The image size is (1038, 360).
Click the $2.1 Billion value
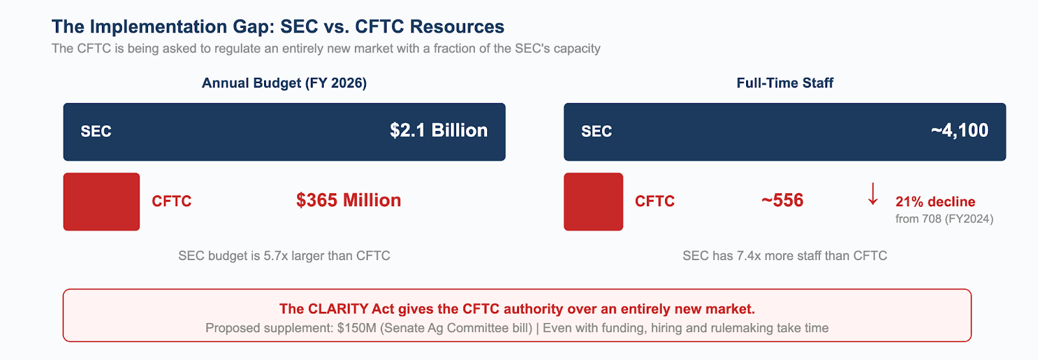pos(439,130)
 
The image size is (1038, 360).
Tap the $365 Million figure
pos(348,200)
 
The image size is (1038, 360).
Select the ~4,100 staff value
pos(960,130)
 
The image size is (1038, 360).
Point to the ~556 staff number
pos(782,200)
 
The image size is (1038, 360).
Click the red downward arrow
pos(873,194)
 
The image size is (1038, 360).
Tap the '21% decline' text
pos(935,202)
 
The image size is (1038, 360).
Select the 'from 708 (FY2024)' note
pos(945,219)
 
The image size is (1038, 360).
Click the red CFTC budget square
pos(101,202)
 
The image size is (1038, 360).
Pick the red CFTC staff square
pos(594,202)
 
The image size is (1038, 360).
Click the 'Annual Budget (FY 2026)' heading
pos(284,83)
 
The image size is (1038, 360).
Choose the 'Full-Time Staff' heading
pos(785,83)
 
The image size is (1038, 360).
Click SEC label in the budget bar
pos(96,132)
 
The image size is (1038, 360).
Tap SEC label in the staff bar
pos(596,132)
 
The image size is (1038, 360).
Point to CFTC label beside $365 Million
pos(171,201)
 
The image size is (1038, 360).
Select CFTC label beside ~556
pos(655,201)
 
